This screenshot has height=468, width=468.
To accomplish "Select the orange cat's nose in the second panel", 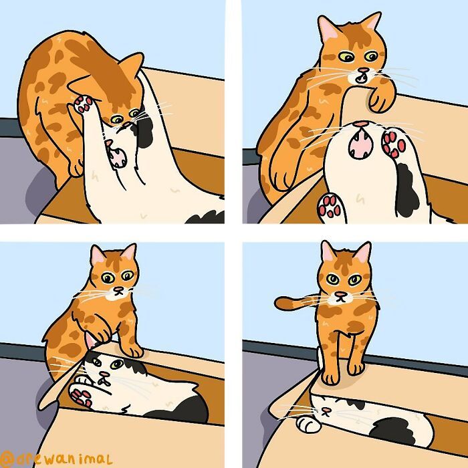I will click(x=361, y=72).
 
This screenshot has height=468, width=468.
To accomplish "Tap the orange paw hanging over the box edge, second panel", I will click(x=382, y=97).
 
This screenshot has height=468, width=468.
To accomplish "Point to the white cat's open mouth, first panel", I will click(x=119, y=155).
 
